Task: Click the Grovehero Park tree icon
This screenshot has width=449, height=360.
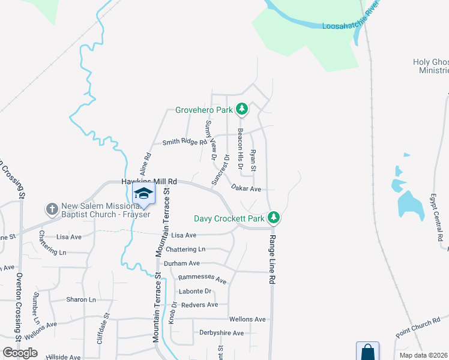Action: click(x=242, y=109)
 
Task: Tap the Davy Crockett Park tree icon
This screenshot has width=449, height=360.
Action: click(x=274, y=217)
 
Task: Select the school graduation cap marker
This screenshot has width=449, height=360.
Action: click(x=143, y=194)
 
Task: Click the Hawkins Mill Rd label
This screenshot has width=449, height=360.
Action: click(x=149, y=181)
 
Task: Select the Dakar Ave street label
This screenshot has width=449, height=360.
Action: click(x=247, y=188)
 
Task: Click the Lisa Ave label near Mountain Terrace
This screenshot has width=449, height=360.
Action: click(x=184, y=236)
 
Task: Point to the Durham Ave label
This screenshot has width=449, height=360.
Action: click(x=182, y=263)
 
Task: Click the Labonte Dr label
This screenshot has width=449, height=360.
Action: click(x=196, y=292)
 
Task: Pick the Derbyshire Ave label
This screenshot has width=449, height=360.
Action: click(x=221, y=333)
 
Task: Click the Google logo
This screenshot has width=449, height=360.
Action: click(x=20, y=353)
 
